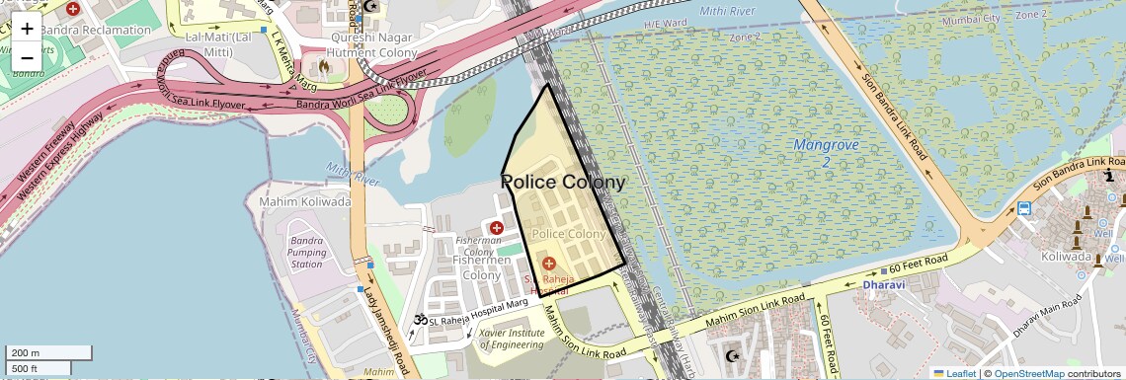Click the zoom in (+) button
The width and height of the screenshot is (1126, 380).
click(x=27, y=28)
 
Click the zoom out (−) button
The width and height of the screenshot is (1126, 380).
click(x=27, y=57)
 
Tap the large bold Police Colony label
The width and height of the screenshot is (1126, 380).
click(x=563, y=183)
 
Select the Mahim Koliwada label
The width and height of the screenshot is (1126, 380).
click(x=304, y=201)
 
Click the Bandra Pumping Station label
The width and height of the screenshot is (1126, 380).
click(x=306, y=252)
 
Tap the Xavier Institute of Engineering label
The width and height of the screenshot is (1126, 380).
click(x=511, y=339)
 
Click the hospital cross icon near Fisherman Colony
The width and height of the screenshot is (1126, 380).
click(x=497, y=228)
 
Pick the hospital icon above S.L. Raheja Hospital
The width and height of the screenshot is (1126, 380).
click(x=548, y=264)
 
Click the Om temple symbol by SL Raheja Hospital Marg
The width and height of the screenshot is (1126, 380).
click(x=419, y=320)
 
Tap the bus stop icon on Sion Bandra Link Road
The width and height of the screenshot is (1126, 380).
click(x=1024, y=208)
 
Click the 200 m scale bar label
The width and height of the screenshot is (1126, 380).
click(x=27, y=352)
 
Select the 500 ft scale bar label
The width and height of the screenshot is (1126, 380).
click(x=25, y=369)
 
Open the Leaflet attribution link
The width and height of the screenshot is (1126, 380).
click(x=955, y=373)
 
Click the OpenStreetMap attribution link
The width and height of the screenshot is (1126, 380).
click(x=1028, y=373)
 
